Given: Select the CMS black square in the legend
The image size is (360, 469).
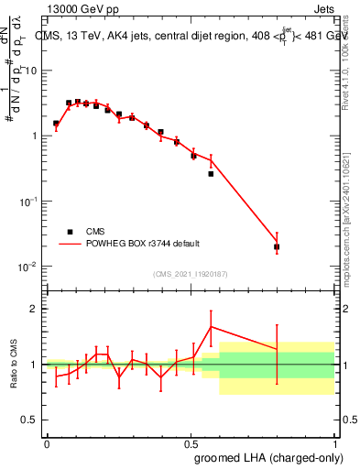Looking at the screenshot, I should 70,232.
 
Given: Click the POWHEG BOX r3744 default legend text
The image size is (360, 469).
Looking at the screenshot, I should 145,245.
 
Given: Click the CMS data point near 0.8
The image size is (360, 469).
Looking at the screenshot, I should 277,247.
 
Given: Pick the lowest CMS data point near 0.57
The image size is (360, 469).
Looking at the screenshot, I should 211,173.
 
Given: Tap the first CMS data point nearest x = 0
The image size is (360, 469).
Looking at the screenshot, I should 56,123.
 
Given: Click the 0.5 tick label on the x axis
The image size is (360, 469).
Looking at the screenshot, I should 191,442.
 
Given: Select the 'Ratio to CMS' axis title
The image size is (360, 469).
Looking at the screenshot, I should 13,365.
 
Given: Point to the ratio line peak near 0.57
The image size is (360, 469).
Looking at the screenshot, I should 211,326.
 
